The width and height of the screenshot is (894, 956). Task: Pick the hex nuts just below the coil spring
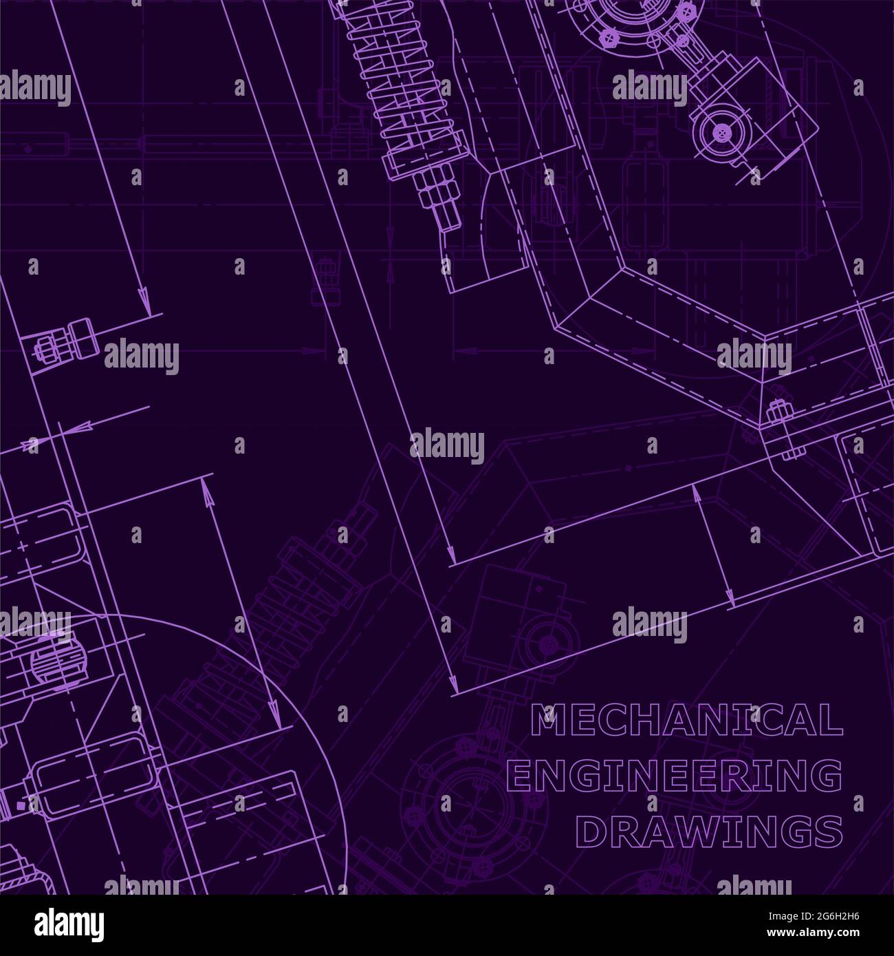[441, 200]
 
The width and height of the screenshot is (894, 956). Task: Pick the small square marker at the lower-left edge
[21, 805]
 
